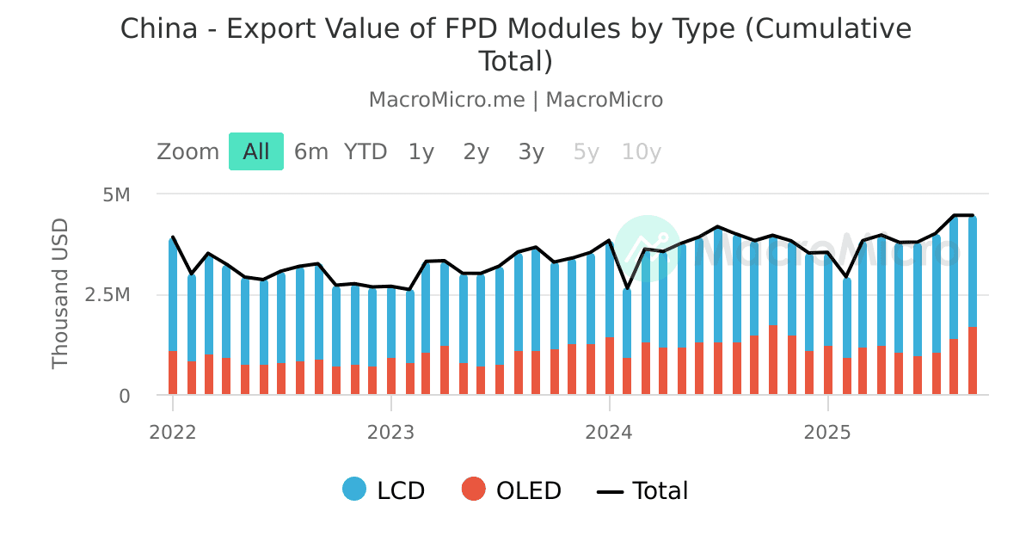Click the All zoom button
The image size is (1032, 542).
click(x=256, y=152)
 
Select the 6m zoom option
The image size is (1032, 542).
click(x=311, y=152)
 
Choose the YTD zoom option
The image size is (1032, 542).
click(x=365, y=152)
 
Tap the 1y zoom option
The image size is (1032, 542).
click(x=421, y=152)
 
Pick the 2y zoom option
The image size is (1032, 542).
click(x=476, y=152)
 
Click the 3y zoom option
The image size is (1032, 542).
click(x=531, y=152)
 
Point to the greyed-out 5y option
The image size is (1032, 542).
click(x=586, y=152)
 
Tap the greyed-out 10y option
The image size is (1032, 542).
click(x=642, y=152)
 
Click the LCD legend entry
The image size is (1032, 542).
click(x=384, y=490)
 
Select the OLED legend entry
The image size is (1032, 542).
click(x=512, y=490)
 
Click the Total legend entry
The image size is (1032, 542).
click(x=643, y=490)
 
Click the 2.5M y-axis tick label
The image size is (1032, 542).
click(x=107, y=295)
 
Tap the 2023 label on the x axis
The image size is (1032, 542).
click(x=391, y=431)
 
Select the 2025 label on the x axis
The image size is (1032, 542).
click(x=827, y=431)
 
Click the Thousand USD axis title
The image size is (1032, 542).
click(x=60, y=294)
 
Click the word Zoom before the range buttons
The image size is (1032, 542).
click(x=187, y=152)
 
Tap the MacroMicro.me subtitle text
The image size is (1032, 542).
click(x=446, y=100)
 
